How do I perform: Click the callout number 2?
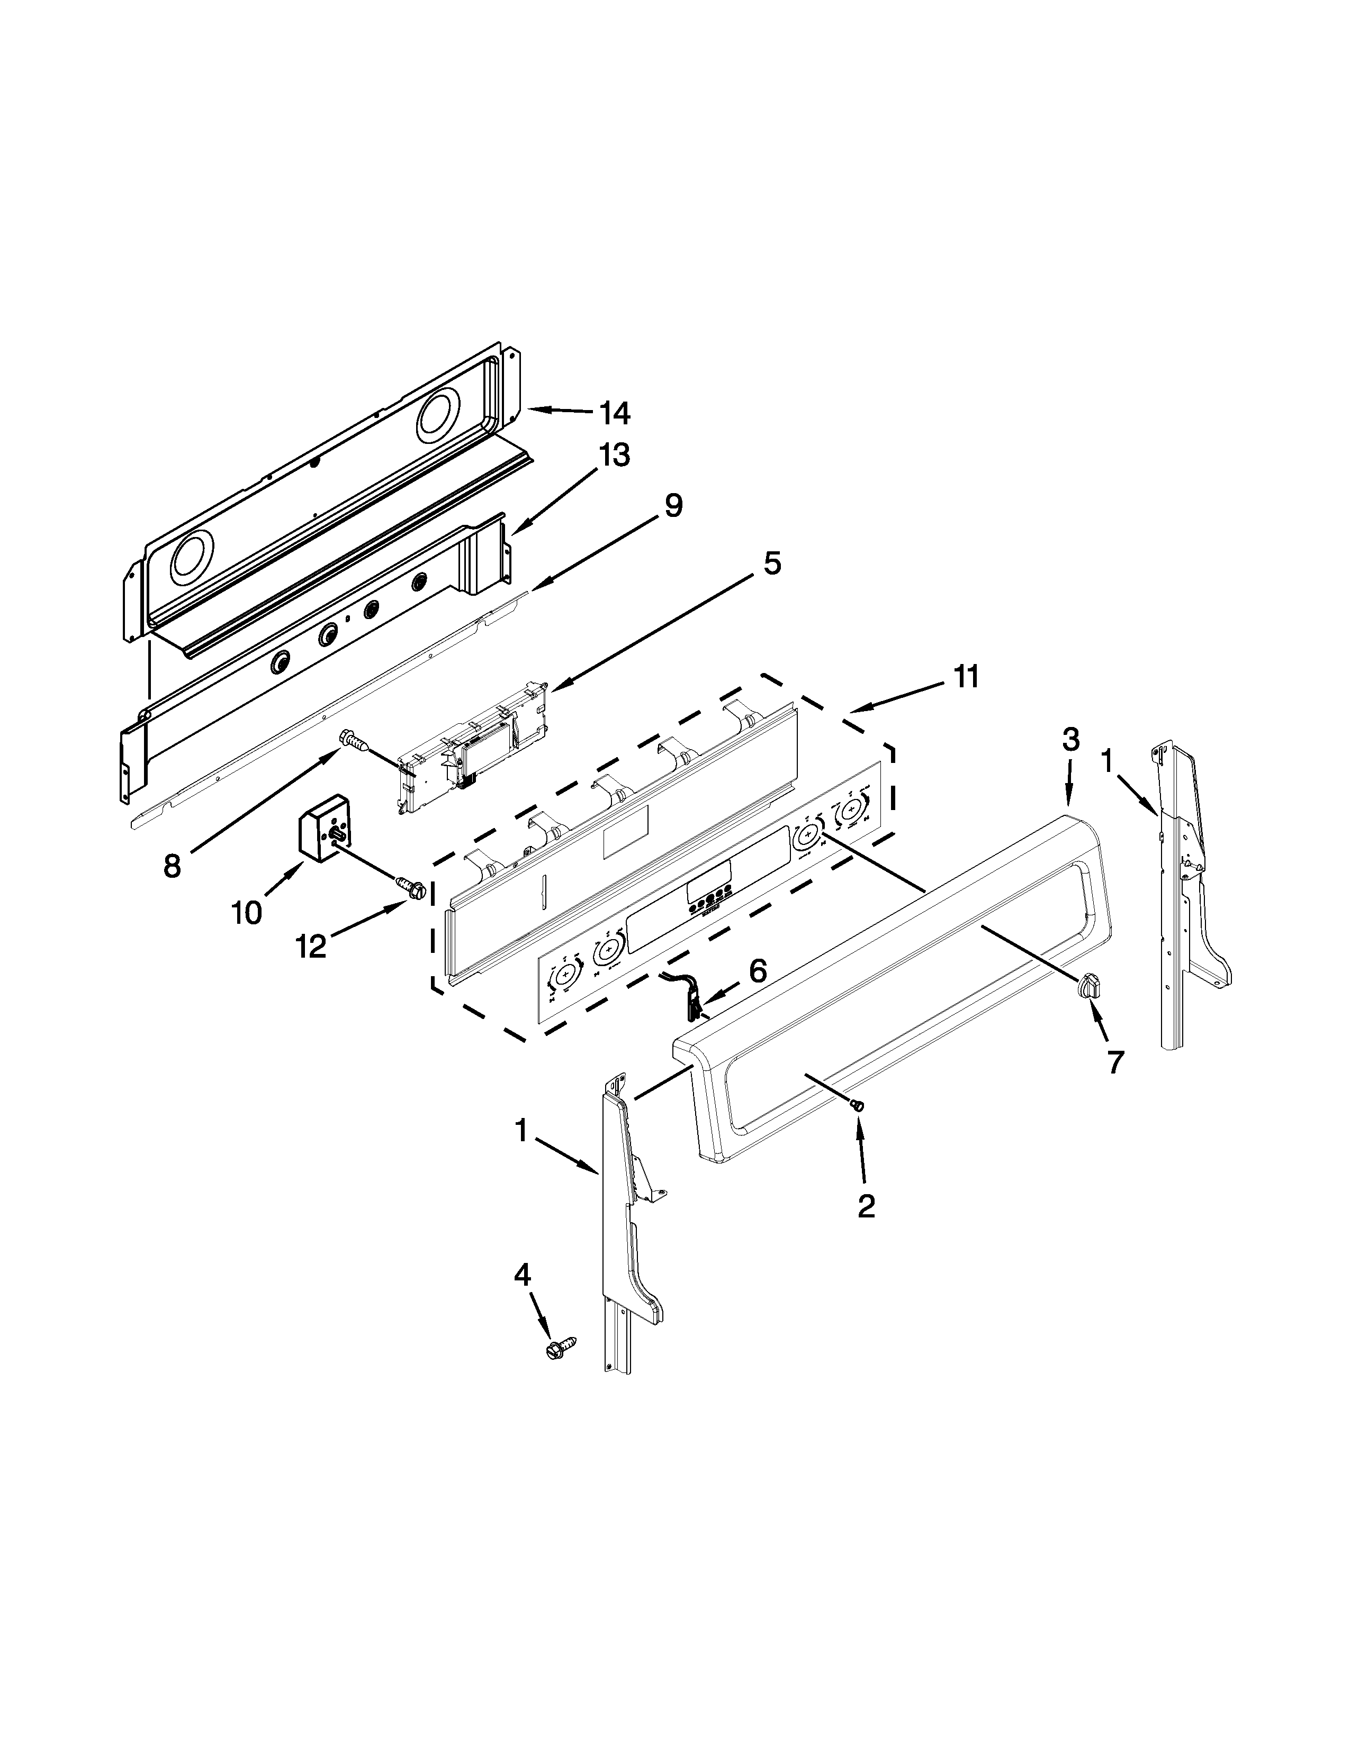866,1228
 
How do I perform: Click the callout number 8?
172,866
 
